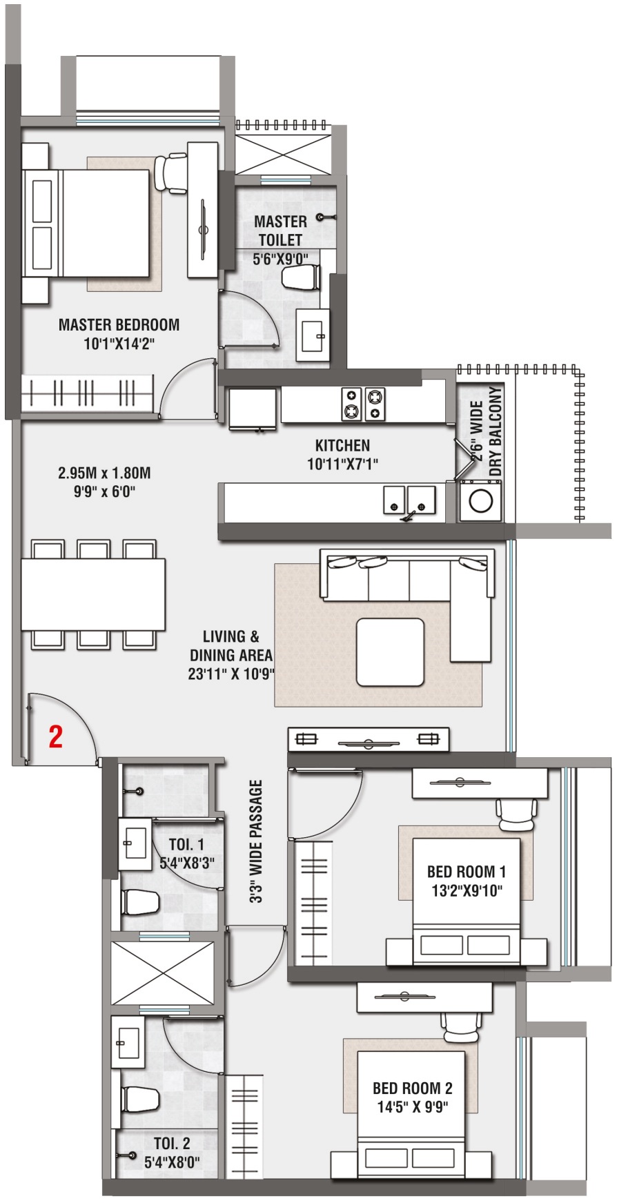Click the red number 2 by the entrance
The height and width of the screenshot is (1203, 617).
pyautogui.click(x=55, y=736)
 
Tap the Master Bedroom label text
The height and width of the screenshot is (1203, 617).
pyautogui.click(x=119, y=325)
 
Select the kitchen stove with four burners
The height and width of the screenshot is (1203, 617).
pyautogui.click(x=363, y=404)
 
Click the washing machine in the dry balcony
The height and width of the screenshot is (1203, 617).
pyautogui.click(x=480, y=501)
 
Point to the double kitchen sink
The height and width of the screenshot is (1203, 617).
pyautogui.click(x=409, y=500)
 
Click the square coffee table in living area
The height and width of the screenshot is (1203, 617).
pyautogui.click(x=390, y=652)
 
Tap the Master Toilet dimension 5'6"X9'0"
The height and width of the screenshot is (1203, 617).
pyautogui.click(x=280, y=258)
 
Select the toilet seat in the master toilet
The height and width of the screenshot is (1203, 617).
pyautogui.click(x=301, y=277)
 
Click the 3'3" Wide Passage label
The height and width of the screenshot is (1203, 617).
pyautogui.click(x=257, y=841)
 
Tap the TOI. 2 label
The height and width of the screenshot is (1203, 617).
pyautogui.click(x=172, y=1144)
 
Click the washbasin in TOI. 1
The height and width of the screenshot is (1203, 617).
pyautogui.click(x=135, y=843)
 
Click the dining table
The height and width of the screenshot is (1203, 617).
pyautogui.click(x=92, y=594)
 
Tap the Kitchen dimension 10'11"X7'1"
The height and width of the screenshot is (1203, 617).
pyautogui.click(x=342, y=464)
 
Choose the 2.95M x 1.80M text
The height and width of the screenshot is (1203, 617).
pyautogui.click(x=104, y=473)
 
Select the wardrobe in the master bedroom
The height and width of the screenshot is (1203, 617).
pyautogui.click(x=86, y=394)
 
